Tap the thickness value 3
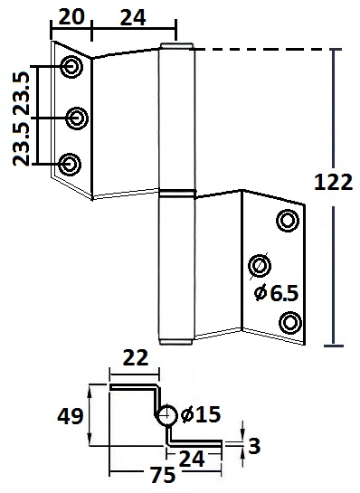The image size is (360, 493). point(256,445)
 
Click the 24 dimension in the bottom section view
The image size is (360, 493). point(190,457)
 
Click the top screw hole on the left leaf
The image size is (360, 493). point(71,66)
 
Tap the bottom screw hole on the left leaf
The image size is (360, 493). point(68,164)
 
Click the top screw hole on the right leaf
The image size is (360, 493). point(286,220)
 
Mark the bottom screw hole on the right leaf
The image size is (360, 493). point(289,321)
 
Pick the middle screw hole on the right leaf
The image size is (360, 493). point(260,265)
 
